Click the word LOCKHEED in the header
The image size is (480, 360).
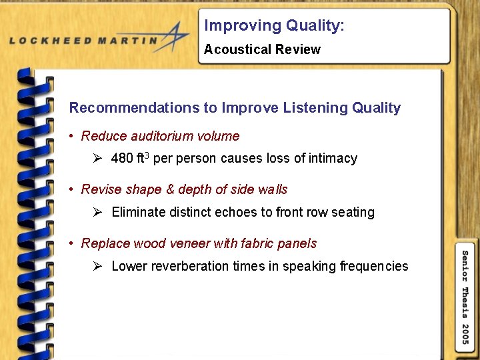[50, 41]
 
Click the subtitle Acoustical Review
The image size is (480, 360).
[262, 49]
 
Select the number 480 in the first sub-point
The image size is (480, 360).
[122, 159]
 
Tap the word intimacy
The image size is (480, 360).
[333, 159]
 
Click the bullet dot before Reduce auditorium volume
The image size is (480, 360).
[71, 137]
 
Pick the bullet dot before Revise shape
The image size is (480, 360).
[71, 190]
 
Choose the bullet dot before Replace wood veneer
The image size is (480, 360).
[71, 244]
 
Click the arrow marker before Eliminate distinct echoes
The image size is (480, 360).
[97, 212]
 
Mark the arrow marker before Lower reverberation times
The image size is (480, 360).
[97, 266]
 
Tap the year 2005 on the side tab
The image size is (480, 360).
[465, 334]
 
